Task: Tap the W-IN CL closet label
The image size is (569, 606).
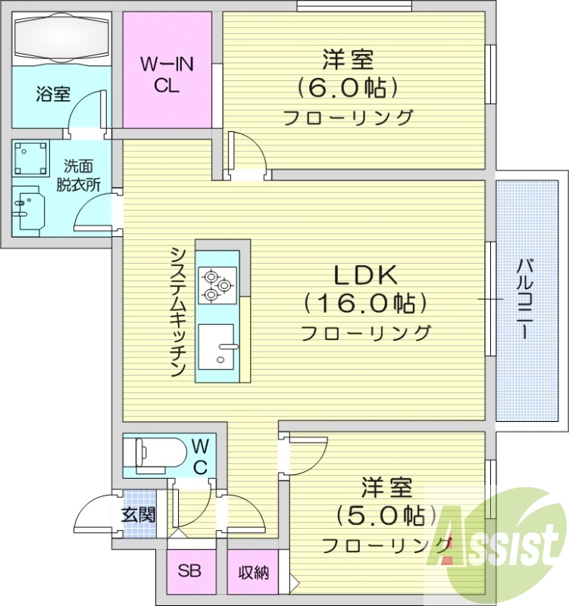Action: point(167,75)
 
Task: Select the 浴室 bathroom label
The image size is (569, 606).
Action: point(53,95)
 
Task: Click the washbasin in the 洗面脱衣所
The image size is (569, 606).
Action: point(29,208)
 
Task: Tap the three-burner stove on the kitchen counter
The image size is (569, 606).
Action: point(217,286)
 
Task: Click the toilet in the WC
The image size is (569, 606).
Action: point(155,454)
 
